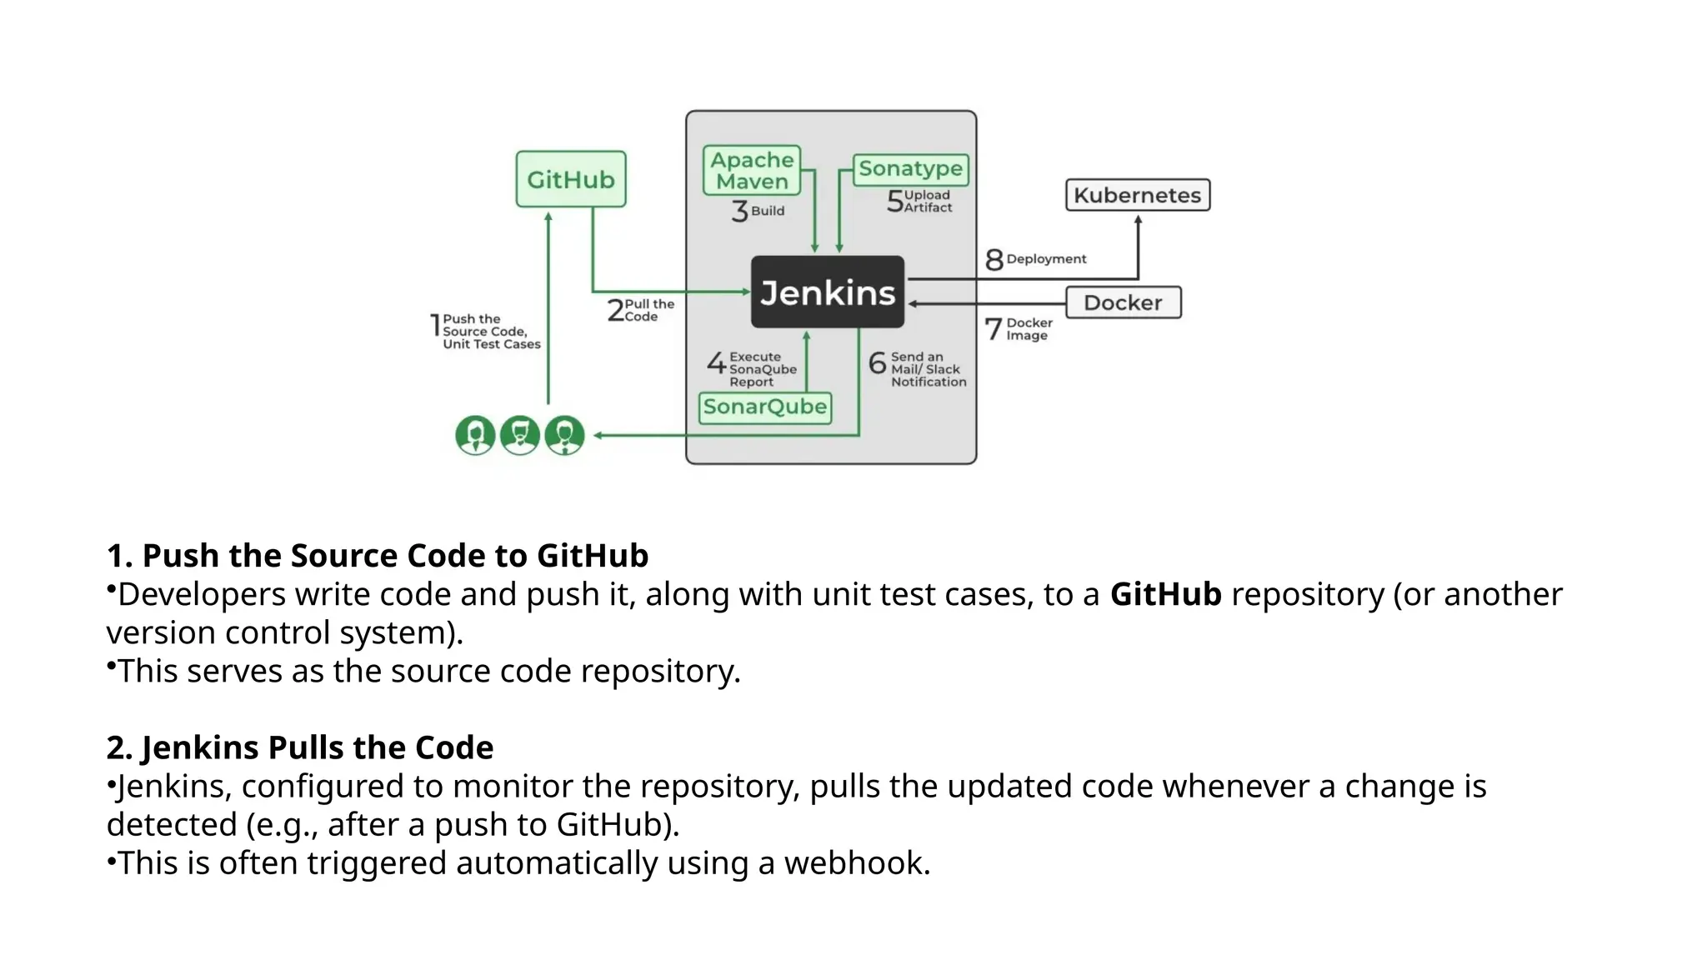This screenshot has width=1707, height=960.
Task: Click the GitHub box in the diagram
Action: tap(570, 179)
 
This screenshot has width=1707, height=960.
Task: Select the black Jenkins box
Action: tap(827, 292)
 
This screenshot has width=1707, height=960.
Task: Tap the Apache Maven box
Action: tap(751, 171)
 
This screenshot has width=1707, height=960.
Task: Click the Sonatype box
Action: tap(910, 169)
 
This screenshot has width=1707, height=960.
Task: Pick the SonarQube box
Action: tap(764, 407)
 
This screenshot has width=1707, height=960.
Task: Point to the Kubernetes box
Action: tap(1137, 195)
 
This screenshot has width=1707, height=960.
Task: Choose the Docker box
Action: tap(1123, 302)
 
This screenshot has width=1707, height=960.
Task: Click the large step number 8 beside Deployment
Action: tap(994, 260)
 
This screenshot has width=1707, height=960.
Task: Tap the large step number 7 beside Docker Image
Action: tap(993, 329)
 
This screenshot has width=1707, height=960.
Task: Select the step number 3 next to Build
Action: tap(739, 211)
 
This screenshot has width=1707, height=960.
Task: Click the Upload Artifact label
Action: tap(928, 201)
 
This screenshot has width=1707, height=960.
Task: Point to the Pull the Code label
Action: tap(648, 310)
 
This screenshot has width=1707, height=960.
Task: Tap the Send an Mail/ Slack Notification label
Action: tap(927, 369)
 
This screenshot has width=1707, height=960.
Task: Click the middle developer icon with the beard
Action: tap(520, 435)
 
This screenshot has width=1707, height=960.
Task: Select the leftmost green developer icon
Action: tap(475, 435)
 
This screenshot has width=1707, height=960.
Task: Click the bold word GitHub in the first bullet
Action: tap(1164, 594)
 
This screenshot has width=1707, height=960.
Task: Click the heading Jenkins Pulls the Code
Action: tap(317, 747)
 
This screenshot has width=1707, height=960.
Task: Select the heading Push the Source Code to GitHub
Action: tap(394, 556)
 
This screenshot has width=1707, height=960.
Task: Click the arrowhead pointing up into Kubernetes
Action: tap(1138, 221)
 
